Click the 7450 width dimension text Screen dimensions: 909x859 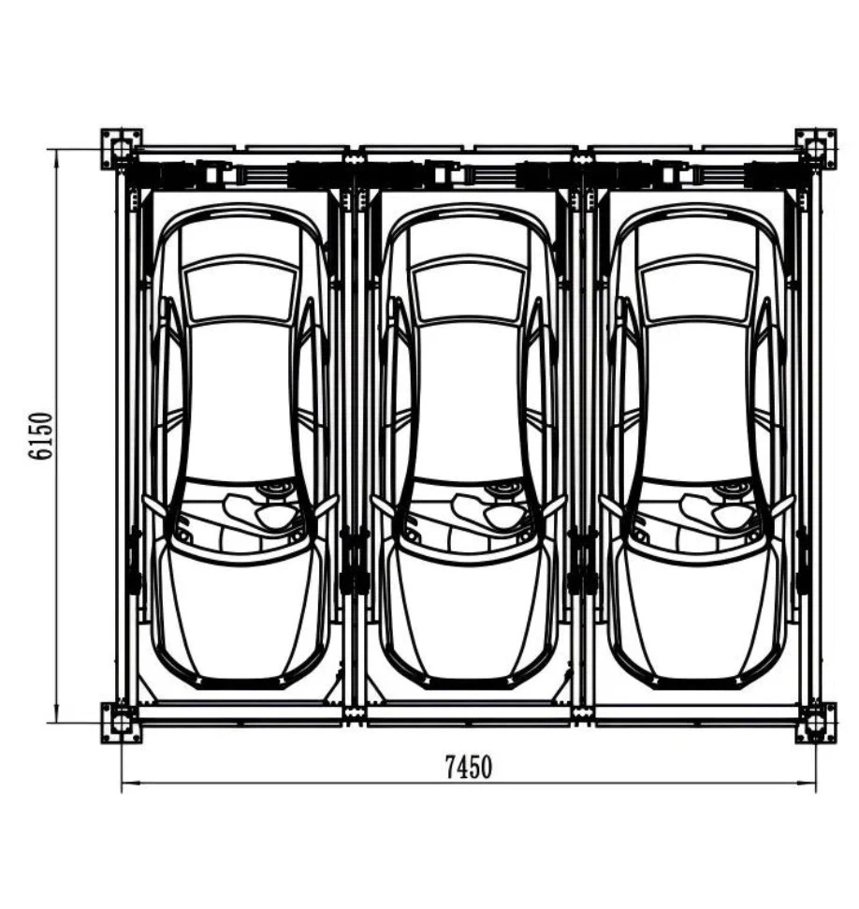467,768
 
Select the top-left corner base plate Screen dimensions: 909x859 121,148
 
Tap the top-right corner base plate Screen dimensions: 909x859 815,148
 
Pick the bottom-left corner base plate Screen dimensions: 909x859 121,722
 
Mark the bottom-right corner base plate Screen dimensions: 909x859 815,722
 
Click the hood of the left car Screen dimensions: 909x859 241,608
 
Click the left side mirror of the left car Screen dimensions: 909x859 150,506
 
